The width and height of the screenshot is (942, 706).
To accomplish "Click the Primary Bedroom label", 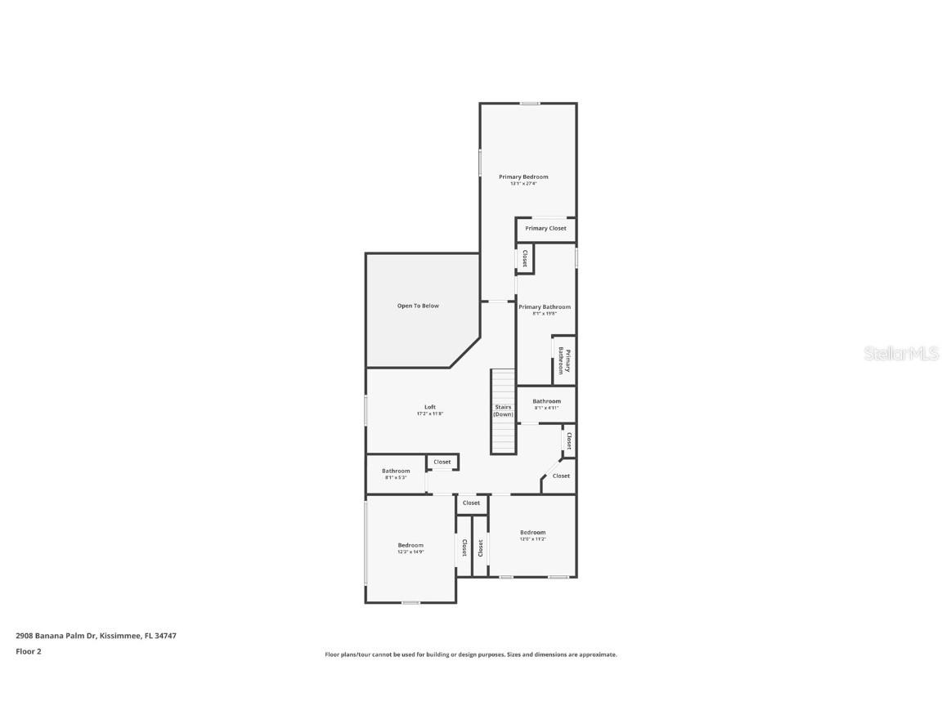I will [x=523, y=176].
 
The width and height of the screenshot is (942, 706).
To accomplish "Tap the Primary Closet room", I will [x=545, y=229].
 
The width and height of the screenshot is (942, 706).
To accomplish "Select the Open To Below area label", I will [x=418, y=306].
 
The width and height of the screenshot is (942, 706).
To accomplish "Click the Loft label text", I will [x=429, y=407].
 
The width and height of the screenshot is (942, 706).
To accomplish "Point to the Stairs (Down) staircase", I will [x=503, y=411].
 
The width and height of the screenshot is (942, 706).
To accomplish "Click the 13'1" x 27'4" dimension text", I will [x=523, y=184].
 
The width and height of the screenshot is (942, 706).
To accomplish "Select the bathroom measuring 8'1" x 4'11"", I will [x=546, y=404].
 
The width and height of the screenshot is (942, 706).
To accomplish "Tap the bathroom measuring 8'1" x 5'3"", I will [x=396, y=474].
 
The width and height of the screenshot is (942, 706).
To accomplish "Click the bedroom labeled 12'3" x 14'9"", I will [x=410, y=548].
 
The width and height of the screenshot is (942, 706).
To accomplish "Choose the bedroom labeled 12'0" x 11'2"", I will [x=532, y=535].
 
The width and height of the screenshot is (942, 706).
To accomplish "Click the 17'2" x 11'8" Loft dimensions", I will [x=429, y=414].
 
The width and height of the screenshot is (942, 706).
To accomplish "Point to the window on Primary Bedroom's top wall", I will [x=530, y=103].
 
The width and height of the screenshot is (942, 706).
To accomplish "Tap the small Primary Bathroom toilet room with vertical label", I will [x=564, y=360].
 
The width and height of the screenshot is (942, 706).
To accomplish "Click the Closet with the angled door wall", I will [x=561, y=476].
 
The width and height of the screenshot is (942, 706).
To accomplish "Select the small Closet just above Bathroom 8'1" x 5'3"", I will [x=442, y=462].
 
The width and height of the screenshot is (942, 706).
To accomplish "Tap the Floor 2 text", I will [x=28, y=652].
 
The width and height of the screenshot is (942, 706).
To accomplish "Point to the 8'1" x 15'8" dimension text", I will [x=545, y=314].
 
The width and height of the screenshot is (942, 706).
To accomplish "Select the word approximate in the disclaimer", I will [x=599, y=655].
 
